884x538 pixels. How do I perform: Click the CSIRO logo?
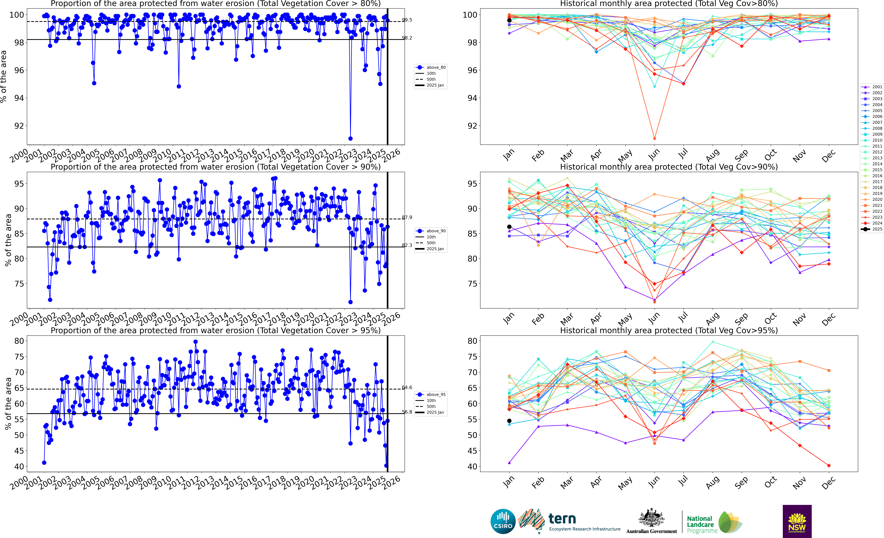[503, 521]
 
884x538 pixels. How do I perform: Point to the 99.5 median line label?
[407, 20]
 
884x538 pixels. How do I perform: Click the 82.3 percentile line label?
[407, 245]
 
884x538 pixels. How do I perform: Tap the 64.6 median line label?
[407, 387]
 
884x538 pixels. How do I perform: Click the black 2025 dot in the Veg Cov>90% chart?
[509, 227]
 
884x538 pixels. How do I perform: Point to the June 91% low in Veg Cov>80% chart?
[654, 138]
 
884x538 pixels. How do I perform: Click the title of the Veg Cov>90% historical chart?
[669, 167]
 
